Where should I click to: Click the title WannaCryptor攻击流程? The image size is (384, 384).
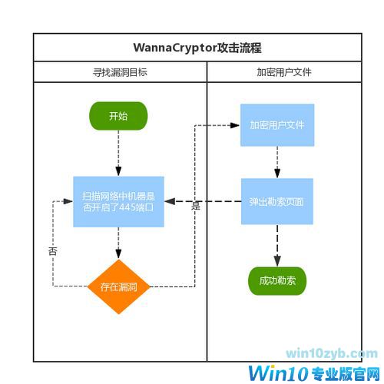[197, 48]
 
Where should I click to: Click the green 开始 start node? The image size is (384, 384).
[118, 117]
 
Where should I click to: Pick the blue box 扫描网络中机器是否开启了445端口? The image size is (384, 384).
[118, 201]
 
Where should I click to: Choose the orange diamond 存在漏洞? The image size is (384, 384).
[118, 286]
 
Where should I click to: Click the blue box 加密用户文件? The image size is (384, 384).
[276, 124]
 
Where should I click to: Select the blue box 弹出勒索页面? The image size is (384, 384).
[276, 201]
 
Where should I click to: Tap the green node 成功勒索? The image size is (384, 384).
[276, 281]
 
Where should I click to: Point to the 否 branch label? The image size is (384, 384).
[52, 250]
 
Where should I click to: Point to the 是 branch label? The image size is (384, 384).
[195, 206]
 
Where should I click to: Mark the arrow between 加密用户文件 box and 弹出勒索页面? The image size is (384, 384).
[276, 162]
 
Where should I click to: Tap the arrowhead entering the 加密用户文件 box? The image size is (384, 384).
[235, 124]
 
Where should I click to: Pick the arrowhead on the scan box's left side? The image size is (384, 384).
[69, 201]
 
